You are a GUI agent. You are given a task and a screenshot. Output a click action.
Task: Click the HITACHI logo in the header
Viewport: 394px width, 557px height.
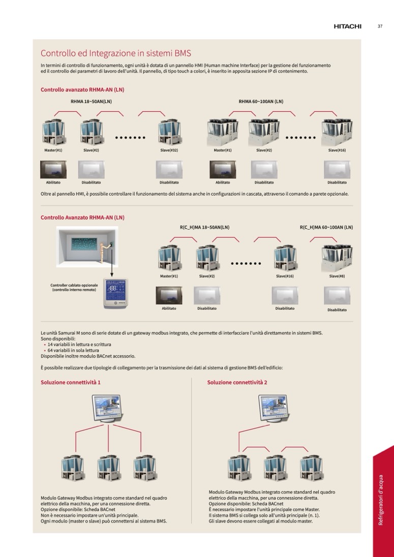point(347,26)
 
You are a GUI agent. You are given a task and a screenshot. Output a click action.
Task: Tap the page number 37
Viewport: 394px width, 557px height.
point(380,26)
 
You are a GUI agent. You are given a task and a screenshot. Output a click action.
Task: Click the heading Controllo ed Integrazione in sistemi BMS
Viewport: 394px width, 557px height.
point(115,53)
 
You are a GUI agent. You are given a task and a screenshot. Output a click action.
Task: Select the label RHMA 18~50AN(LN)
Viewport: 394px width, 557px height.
point(91,102)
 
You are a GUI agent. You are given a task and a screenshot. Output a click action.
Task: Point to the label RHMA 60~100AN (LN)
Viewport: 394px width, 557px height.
point(261,102)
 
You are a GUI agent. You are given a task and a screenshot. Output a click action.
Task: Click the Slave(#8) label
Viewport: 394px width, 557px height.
point(337,276)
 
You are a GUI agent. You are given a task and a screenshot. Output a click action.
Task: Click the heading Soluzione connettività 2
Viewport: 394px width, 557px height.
point(237,382)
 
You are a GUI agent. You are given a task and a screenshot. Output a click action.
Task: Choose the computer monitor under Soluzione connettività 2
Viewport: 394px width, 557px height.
point(274,408)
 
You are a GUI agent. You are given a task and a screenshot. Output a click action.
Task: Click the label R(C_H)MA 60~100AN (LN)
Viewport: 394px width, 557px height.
point(326,227)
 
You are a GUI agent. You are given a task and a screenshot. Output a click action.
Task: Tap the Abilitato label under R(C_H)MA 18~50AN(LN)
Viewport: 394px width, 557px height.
point(169,308)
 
